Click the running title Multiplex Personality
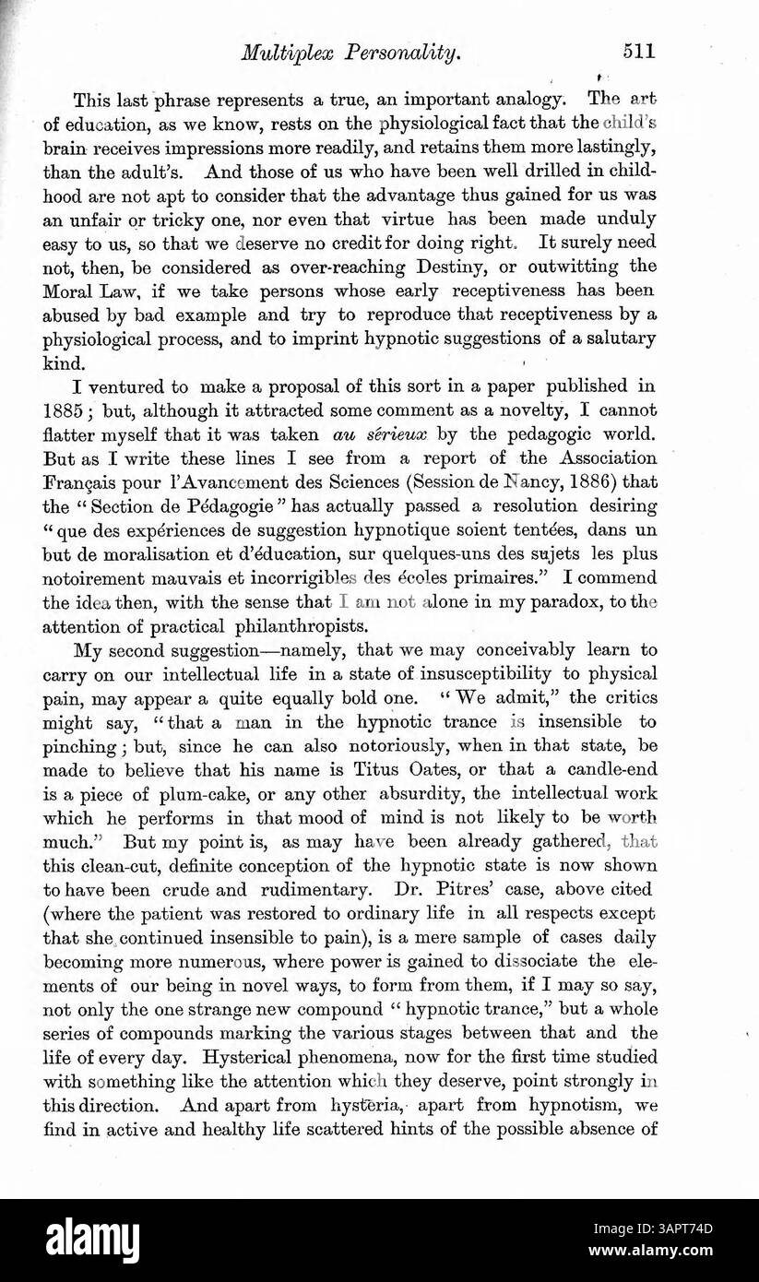point(350,53)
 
